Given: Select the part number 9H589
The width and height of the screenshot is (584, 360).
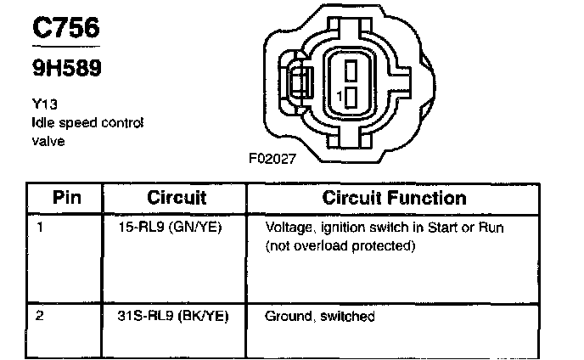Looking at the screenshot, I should (65, 68).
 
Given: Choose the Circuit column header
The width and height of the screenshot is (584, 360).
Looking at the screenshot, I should (177, 198).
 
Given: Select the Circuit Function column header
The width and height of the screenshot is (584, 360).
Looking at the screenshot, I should (394, 198).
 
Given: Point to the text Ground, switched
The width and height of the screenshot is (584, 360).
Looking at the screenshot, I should (320, 317).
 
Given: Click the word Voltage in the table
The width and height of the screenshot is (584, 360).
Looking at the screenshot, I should (287, 228).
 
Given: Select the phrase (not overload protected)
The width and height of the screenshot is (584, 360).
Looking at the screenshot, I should (340, 245).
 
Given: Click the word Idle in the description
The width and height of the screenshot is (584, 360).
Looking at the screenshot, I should (40, 123).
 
